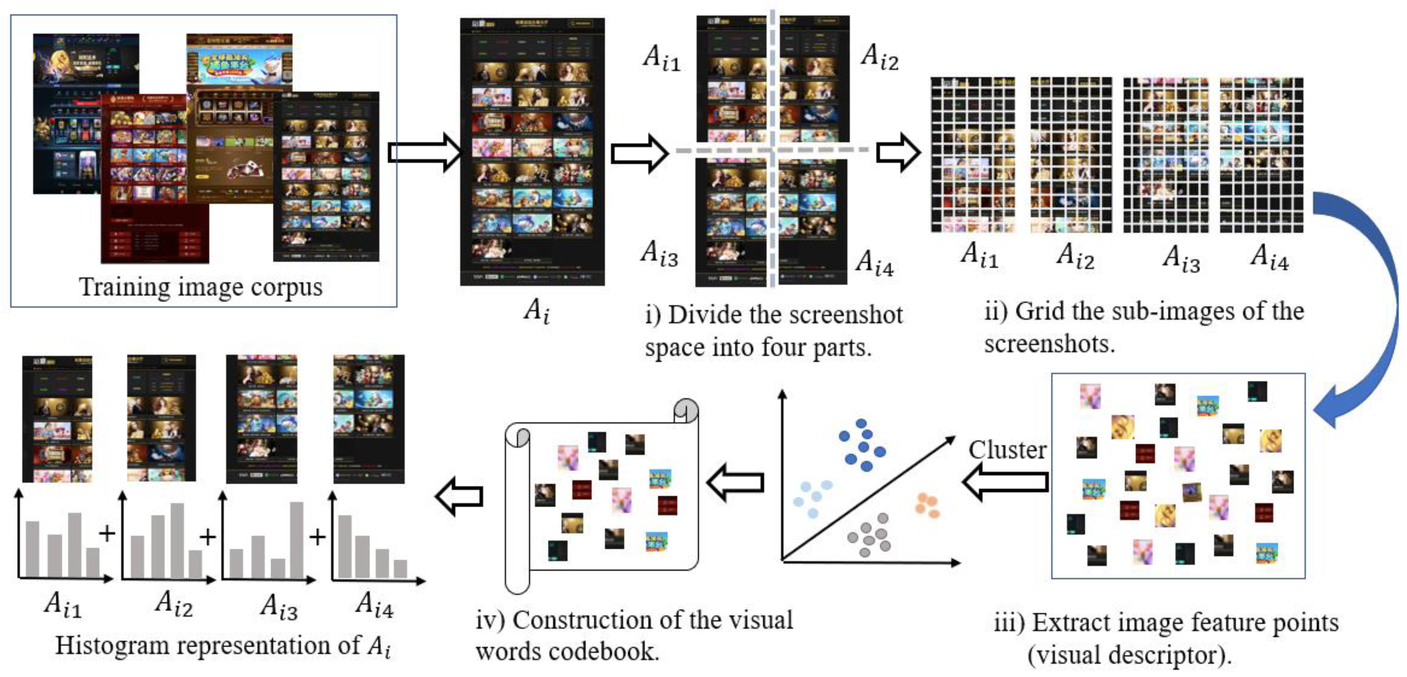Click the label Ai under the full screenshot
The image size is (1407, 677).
[x=536, y=311]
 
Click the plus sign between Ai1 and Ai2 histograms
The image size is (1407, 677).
[x=107, y=533]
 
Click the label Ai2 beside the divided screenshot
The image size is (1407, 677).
[x=879, y=57]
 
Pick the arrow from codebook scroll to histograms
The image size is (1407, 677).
[x=459, y=496]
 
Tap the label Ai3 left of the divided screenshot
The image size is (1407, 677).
[x=659, y=254]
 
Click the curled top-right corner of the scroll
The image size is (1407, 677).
[x=686, y=410]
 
